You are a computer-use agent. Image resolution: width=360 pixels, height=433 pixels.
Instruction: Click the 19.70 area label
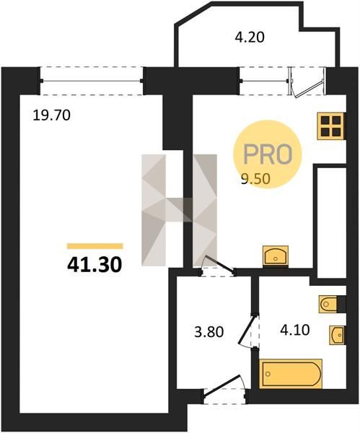tap(52, 115)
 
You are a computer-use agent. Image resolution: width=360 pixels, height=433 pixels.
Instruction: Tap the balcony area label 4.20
tap(250, 38)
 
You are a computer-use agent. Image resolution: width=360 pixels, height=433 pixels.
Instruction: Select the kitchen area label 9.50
tap(255, 179)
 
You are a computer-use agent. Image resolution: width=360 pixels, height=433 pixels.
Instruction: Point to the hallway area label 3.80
tap(209, 332)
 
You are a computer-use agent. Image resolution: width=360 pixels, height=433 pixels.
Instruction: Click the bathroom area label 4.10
tap(295, 330)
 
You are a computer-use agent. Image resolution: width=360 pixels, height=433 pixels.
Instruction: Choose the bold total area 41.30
tap(95, 265)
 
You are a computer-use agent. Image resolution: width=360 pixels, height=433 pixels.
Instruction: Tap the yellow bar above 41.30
tap(95, 246)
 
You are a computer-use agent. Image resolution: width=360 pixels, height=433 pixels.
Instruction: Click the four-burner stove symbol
tap(330, 126)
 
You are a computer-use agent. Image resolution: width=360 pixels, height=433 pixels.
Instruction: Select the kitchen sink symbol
tap(276, 255)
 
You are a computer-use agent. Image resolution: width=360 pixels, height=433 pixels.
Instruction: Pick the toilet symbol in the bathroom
tap(328, 305)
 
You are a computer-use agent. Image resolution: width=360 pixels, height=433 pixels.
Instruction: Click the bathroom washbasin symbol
tap(337, 336)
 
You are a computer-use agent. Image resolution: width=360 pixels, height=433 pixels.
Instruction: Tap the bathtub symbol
tap(291, 374)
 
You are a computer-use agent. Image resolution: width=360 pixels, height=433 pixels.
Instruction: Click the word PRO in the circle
tap(268, 154)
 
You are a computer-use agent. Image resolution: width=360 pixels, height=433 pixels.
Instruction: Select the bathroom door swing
tap(248, 331)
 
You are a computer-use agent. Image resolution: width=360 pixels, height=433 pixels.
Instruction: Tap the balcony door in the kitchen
tap(307, 82)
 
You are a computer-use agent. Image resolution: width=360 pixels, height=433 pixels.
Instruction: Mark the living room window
tap(92, 81)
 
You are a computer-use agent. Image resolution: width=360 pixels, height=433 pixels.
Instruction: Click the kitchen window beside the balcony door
tap(265, 81)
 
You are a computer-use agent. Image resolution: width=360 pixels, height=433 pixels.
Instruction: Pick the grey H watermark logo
tap(179, 210)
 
